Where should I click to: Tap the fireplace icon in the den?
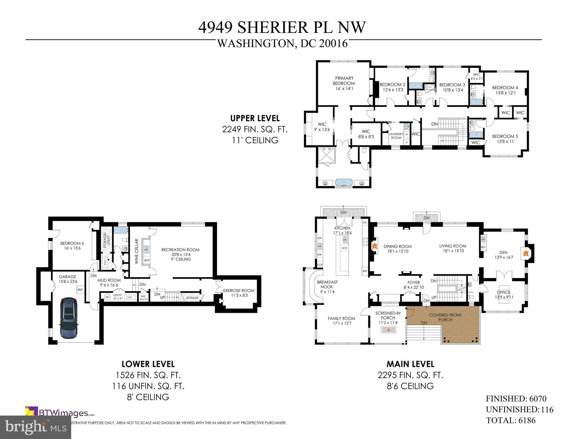[525, 253]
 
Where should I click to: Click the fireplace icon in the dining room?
[375, 246]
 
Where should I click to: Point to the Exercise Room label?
[239, 291]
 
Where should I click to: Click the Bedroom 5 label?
[505, 136]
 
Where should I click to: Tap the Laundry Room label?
[396, 136]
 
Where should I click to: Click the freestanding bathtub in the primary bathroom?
[344, 182]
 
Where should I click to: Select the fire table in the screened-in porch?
[388, 330]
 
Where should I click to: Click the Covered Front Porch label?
[445, 317]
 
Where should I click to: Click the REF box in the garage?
[81, 290]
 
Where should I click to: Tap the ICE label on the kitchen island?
[345, 248]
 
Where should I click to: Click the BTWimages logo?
[60, 413]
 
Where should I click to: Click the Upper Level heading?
[255, 118]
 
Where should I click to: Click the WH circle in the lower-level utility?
[107, 297]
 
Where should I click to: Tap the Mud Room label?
[109, 280]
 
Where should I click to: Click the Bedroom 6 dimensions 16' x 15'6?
[70, 248]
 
